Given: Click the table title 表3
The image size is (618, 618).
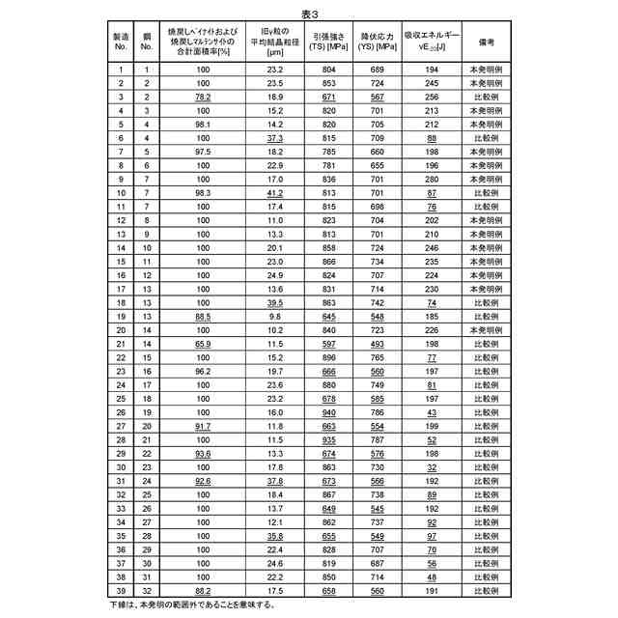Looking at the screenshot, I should pos(309,14).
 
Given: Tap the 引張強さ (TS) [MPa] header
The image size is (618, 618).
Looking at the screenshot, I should pos(330,43).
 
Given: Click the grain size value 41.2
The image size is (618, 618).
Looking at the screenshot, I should pos(275,193).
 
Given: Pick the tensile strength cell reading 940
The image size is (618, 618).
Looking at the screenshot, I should pos(329,411).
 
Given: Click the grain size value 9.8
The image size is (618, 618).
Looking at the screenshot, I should pos(275,316).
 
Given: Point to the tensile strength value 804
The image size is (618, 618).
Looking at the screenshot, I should pos(329,70).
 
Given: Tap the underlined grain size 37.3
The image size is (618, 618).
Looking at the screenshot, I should pos(275,139).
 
